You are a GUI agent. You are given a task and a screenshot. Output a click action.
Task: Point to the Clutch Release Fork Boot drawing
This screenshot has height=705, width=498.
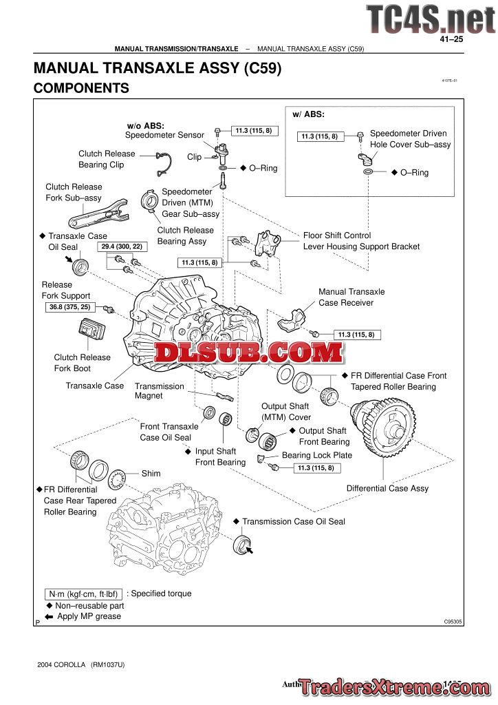click(89, 335)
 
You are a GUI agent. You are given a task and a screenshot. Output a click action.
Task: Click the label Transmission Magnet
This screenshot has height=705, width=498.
click(160, 391)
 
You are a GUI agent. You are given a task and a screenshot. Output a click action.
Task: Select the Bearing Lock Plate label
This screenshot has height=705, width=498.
click(316, 455)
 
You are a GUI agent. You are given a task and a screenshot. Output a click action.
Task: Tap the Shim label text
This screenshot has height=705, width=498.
click(151, 474)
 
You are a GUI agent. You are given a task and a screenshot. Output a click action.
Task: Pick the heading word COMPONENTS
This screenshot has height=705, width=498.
click(81, 88)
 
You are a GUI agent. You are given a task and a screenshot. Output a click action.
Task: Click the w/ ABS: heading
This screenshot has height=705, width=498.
click(309, 114)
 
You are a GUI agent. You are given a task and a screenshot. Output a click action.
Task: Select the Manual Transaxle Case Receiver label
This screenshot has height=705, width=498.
click(351, 297)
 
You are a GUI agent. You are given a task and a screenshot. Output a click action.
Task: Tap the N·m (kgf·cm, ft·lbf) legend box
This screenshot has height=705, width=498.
click(83, 593)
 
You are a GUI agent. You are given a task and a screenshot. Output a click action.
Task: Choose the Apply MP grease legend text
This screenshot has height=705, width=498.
click(89, 616)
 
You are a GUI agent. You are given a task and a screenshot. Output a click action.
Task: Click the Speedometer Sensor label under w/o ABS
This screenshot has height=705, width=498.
click(164, 135)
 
